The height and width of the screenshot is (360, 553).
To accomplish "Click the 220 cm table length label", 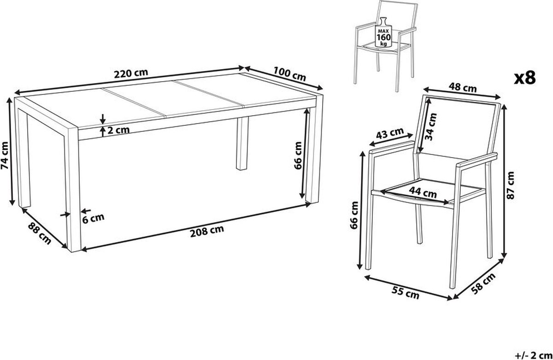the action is click(131, 73).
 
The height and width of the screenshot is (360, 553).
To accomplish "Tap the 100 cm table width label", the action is click(289, 74).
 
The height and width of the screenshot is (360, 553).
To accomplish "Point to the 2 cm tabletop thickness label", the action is click(118, 130).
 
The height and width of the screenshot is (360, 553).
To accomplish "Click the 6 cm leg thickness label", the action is click(93, 218).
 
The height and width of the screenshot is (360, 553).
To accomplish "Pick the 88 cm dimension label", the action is click(40, 233).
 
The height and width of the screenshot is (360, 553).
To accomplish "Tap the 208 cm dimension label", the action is click(207, 231).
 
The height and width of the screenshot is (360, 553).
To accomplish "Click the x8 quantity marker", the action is click(525, 78).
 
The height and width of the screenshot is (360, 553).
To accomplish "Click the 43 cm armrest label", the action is click(390, 133).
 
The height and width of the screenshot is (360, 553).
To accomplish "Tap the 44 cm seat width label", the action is click(423, 192).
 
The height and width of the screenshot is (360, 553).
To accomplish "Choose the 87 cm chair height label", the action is click(510, 185).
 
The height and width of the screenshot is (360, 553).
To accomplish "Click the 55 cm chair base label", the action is click(406, 293).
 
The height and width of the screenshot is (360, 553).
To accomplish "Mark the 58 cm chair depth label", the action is click(483, 283).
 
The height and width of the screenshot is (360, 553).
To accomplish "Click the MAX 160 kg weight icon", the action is click(383, 32).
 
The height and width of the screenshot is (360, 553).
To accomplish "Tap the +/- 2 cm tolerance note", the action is click(534, 355).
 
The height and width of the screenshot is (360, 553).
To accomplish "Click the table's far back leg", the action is click(242, 144).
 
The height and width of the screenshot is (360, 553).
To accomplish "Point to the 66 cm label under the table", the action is click(298, 155).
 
